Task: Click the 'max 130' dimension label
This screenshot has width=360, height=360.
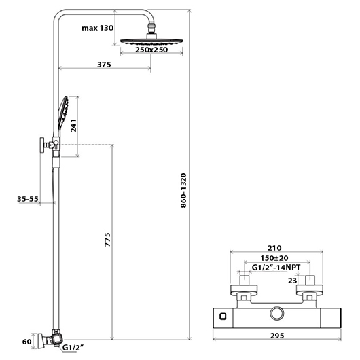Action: click(98, 28)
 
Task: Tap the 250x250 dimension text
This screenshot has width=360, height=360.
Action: click(151, 50)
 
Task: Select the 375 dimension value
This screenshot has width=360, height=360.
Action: click(104, 65)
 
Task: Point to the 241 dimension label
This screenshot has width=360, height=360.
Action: click(74, 126)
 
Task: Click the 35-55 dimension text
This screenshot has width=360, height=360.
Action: click(28, 199)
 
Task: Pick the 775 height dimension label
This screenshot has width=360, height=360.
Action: click(107, 240)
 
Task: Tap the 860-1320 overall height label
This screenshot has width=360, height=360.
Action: click(183, 191)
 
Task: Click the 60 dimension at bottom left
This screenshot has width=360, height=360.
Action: click(26, 342)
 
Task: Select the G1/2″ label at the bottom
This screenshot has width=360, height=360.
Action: click(73, 348)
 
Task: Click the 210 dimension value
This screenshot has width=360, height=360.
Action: click(274, 248)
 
